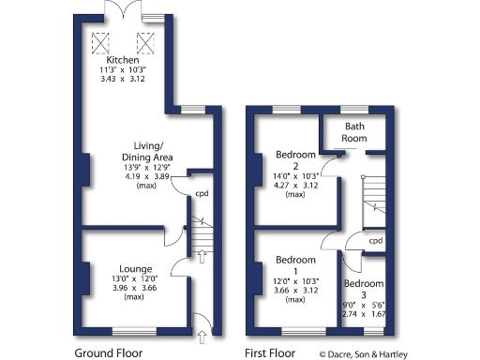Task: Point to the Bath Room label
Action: [354, 131]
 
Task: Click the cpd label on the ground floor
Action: [202, 195]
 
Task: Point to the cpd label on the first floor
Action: [375, 240]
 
